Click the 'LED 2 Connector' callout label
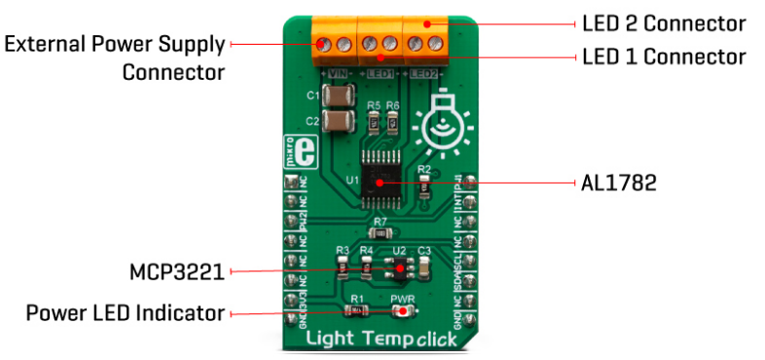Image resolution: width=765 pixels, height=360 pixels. tap(663, 22)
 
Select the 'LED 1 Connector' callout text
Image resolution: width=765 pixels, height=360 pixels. tap(663, 56)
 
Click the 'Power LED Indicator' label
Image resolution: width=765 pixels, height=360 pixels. tap(126, 313)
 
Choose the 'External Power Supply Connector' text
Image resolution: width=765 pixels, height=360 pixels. tap(116, 57)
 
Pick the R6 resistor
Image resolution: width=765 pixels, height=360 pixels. tap(392, 123)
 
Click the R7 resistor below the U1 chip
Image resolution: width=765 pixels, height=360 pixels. tap(381, 233)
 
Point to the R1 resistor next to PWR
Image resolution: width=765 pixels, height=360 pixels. tap(357, 311)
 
